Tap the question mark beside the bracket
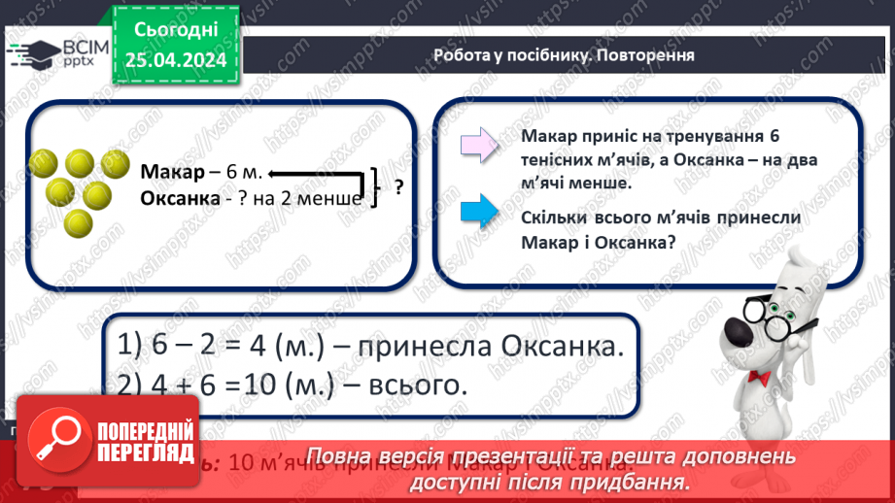tap(398, 187)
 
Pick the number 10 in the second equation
tap(257, 384)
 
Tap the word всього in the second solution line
tap(420, 384)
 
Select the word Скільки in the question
tap(558, 218)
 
